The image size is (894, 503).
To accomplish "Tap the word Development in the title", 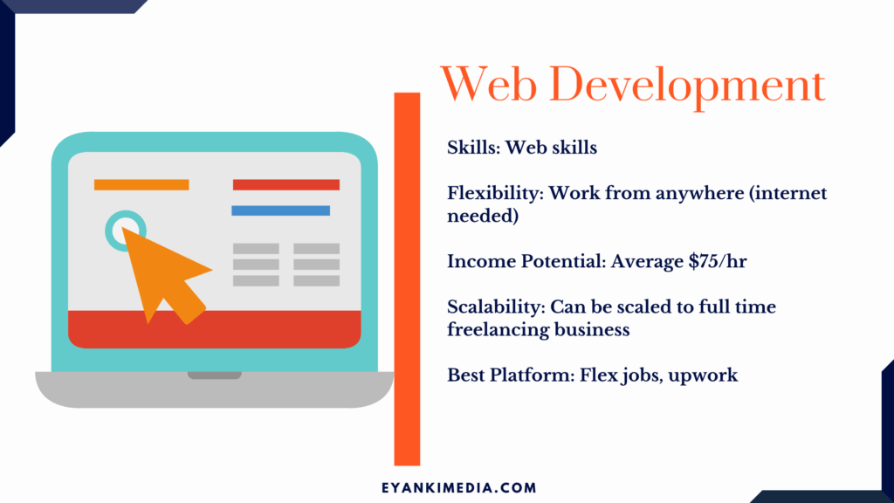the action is (x=687, y=87).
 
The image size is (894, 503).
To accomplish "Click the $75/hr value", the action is (x=718, y=262).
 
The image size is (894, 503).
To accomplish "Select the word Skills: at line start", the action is (x=473, y=148).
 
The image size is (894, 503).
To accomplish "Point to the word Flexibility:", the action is (x=495, y=194).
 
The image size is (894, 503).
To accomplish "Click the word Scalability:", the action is (x=496, y=307).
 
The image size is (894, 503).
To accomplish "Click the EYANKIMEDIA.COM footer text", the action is (x=459, y=488).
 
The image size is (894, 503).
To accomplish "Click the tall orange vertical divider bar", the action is (x=407, y=279).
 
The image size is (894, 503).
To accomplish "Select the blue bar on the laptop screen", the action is (x=280, y=210).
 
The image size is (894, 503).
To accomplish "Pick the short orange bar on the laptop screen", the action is (x=141, y=185).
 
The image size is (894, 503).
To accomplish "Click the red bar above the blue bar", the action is (x=286, y=185).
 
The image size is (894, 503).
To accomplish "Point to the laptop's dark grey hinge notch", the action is (x=215, y=376).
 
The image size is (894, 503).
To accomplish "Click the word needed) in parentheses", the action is (x=483, y=217).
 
